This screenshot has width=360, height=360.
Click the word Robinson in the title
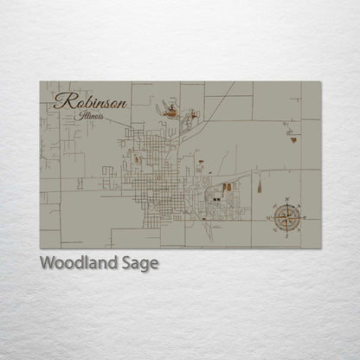(x=90, y=101)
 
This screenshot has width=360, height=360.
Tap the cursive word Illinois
(x=89, y=115)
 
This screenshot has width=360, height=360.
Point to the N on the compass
(x=286, y=201)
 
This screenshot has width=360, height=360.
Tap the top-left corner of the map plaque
(x=40, y=82)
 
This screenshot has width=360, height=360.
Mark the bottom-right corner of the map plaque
(x=320, y=248)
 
